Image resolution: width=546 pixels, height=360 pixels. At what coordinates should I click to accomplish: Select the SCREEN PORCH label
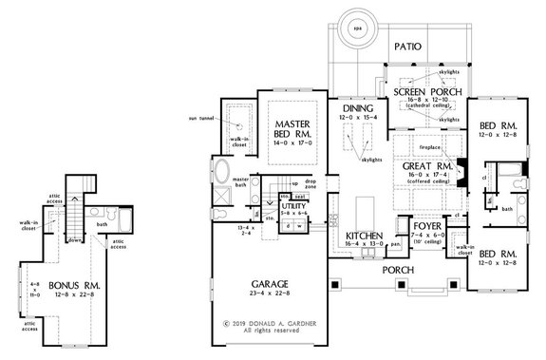click(x=425, y=92)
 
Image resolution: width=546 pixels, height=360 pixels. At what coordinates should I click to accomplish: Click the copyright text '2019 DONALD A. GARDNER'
click(x=274, y=323)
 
